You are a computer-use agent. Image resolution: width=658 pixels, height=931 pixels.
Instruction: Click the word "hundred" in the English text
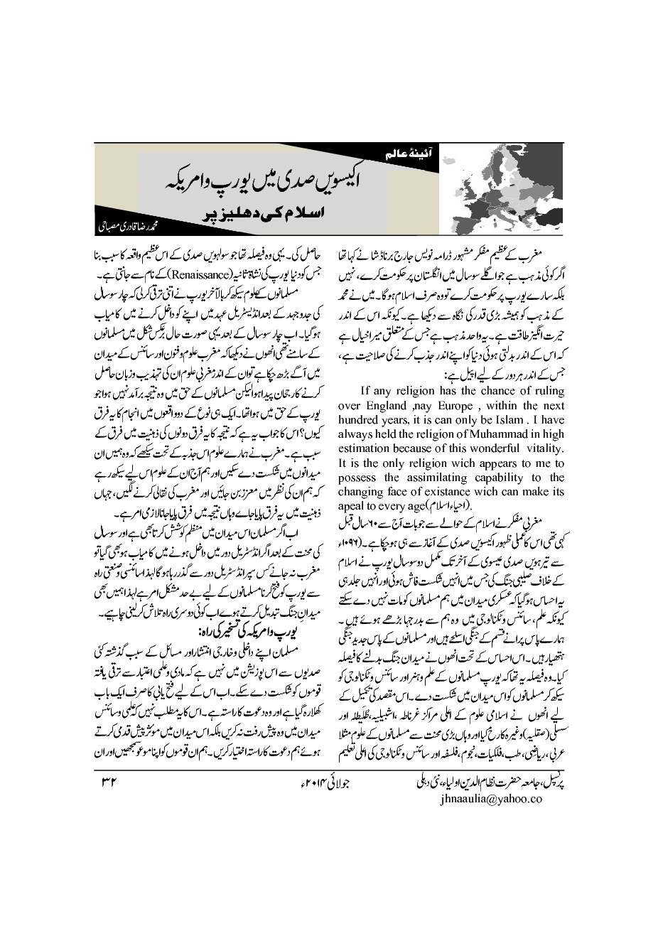click(x=358, y=420)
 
